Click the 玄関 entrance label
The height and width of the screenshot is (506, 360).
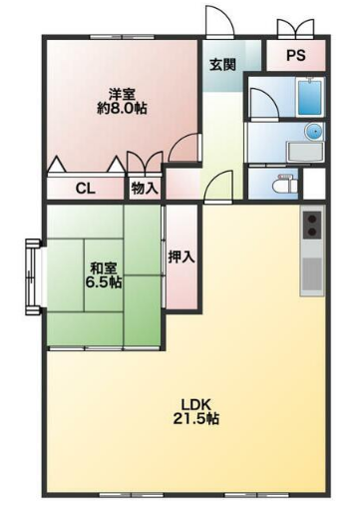pos(222,65)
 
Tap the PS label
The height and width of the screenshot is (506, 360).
pos(296,55)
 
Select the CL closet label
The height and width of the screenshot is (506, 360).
pos(86,189)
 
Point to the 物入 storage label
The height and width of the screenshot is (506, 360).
pos(144,189)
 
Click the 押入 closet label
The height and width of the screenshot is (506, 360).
pos(181,256)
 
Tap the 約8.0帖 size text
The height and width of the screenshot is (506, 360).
pos(122,108)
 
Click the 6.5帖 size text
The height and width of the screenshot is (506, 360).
pos(104,282)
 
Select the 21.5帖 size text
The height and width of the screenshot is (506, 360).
pos(196,418)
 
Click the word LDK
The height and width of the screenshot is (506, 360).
pos(196,405)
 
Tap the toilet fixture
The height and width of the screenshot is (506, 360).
pos(285,184)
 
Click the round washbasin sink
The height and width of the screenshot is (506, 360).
pos(314,132)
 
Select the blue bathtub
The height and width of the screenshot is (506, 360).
pos(310,97)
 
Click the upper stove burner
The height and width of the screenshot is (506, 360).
pos(312,219)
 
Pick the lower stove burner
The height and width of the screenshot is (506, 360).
pos(312,232)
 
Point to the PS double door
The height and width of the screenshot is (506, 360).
pos(296,27)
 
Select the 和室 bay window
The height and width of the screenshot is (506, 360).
pos(33,277)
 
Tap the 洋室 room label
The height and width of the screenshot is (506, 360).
pos(122,95)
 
